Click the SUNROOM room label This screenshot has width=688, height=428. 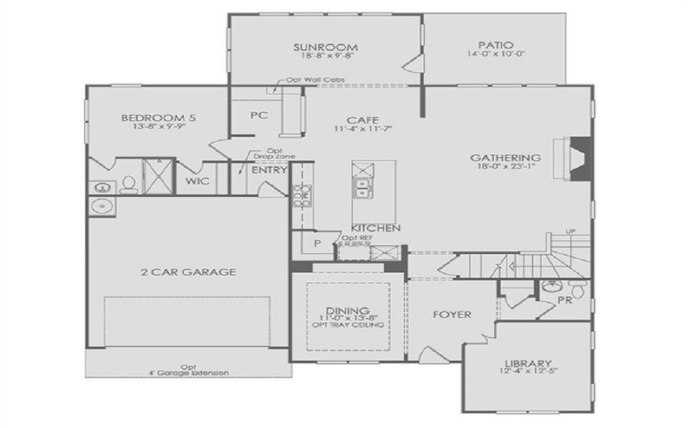[x=324, y=48]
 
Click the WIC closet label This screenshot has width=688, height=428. [x=197, y=181]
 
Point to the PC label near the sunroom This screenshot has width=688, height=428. [x=258, y=116]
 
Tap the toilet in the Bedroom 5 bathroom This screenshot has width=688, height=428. [x=128, y=185]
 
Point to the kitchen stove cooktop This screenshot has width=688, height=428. [x=301, y=194]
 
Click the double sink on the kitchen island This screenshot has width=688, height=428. [x=362, y=188]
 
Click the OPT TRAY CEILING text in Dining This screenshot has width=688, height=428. [x=348, y=325]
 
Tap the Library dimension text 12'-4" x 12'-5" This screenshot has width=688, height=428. [x=528, y=371]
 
